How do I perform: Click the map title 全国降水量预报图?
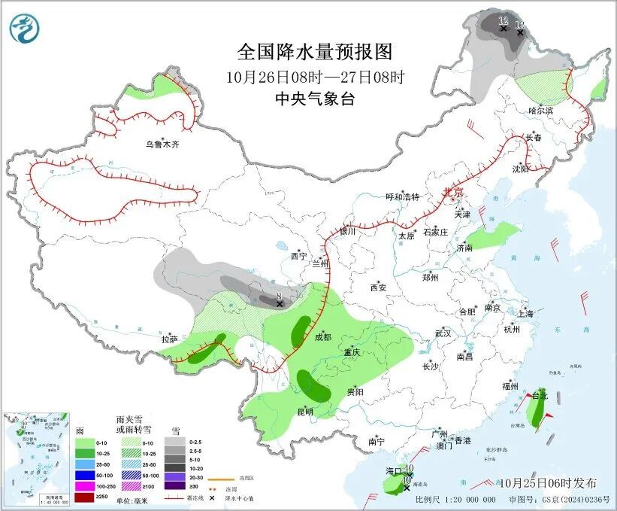click(x=315, y=52)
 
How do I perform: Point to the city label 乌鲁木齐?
click(x=163, y=144)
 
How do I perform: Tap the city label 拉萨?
click(x=169, y=339)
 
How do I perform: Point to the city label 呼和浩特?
click(x=402, y=197)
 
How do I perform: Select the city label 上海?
click(x=525, y=314)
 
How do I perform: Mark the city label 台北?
click(x=540, y=395)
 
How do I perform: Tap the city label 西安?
click(x=377, y=287)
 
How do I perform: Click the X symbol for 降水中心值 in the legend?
click(x=213, y=497)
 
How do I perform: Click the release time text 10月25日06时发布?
click(x=547, y=482)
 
